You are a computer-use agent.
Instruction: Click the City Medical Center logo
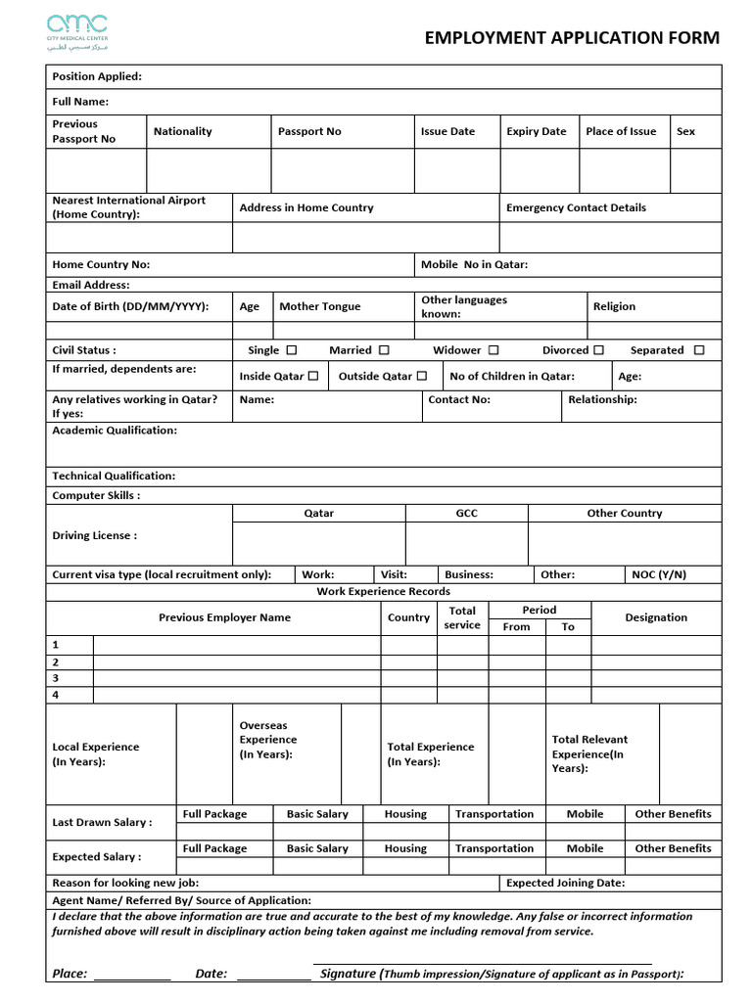77,32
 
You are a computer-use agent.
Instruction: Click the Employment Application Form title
572,38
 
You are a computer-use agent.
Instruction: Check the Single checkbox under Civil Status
292,350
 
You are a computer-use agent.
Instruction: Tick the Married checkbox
384,350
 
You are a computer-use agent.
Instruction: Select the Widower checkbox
493,350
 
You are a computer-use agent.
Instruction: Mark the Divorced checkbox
598,350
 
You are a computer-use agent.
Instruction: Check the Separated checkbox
699,350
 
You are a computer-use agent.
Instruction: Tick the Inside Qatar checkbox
313,376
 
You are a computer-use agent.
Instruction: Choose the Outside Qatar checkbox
422,376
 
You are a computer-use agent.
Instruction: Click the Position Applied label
97,76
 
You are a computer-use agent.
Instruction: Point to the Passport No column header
309,131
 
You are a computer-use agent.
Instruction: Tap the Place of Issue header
621,131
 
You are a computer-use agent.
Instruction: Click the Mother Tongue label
319,306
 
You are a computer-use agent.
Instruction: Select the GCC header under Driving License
467,513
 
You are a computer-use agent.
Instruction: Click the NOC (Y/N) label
659,574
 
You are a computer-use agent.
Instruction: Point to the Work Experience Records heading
384,591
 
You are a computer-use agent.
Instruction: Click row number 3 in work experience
56,677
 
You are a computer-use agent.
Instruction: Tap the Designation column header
656,617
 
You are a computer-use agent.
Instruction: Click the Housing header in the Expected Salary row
405,848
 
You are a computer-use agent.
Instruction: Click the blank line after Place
132,975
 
